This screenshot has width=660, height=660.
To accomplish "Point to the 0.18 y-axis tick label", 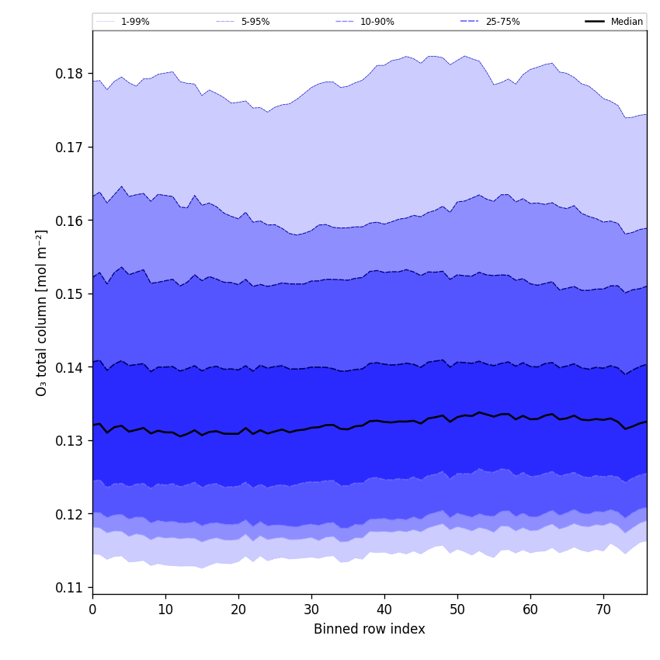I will tap(70, 74).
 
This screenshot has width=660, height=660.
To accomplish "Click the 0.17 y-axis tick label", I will tap(70, 148).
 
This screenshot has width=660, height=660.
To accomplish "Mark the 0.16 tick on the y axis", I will tap(70, 221).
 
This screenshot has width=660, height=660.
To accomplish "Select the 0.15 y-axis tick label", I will tap(70, 294).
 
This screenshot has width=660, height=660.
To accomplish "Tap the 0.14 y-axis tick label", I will tap(70, 367).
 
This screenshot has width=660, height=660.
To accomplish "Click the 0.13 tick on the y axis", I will tap(70, 441).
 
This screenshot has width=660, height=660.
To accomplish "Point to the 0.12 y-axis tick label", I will tap(70, 514).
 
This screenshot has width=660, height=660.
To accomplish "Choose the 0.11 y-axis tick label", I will tap(70, 588).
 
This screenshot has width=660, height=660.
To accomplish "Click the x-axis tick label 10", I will tap(165, 610).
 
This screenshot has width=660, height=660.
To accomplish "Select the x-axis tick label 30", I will tap(311, 610).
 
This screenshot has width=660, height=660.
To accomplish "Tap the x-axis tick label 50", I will tap(457, 610).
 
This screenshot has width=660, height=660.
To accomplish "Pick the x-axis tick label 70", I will tap(603, 610).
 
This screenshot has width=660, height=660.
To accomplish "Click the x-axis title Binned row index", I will tap(370, 630).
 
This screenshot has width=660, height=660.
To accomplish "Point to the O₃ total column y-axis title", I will tap(42, 312).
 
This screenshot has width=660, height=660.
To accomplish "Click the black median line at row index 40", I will tap(384, 422).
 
